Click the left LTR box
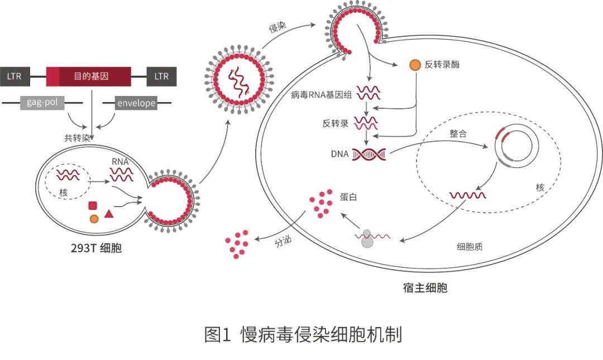15,76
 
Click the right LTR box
161,76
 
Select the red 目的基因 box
89,76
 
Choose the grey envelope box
136,103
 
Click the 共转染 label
77,137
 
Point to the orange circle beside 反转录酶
415,65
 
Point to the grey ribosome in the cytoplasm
367,239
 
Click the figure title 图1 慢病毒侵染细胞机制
303,335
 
